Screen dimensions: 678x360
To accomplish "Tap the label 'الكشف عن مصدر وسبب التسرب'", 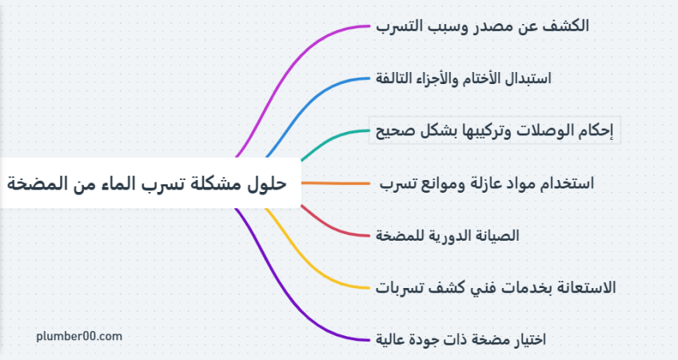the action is (x=483, y=26).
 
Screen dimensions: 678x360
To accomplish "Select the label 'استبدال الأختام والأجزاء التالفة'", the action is (x=464, y=78).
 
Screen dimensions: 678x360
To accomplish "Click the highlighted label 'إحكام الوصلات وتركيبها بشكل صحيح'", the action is (x=495, y=130).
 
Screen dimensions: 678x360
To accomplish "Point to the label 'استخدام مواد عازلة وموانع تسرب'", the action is (x=487, y=183).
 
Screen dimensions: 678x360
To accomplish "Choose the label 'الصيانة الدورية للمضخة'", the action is (x=447, y=235).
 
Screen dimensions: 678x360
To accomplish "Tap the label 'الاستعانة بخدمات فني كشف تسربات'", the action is (x=496, y=287).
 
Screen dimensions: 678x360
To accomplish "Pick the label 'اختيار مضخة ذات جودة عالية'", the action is (x=461, y=339).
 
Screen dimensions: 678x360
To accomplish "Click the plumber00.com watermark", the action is (x=79, y=336).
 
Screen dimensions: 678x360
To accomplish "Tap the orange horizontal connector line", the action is (x=336, y=183).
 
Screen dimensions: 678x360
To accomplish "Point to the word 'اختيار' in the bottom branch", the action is (x=529, y=339).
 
